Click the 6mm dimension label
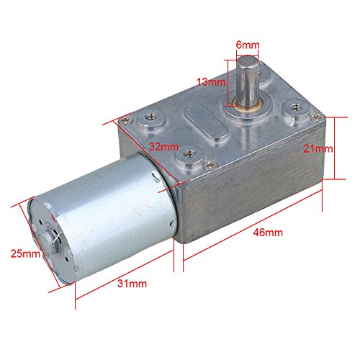coord(247,45)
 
